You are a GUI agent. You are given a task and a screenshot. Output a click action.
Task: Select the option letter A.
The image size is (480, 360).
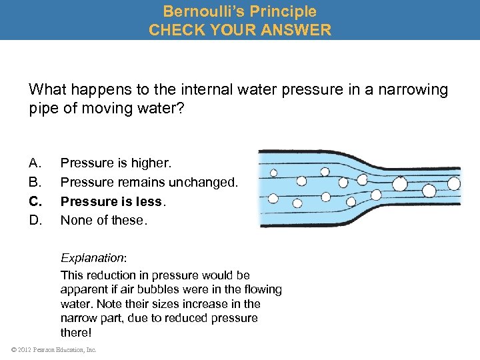(35, 163)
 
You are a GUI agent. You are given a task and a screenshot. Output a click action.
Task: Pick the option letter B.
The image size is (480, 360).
(35, 182)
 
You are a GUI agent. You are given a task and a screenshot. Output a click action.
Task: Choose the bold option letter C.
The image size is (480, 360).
(35, 201)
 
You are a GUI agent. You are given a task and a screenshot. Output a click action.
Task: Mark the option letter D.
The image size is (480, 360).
(35, 219)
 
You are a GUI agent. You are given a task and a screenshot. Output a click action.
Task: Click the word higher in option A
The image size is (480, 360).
(152, 163)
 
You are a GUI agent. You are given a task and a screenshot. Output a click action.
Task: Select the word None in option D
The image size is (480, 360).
(74, 219)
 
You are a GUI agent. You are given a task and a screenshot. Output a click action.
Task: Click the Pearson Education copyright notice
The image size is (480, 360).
(53, 349)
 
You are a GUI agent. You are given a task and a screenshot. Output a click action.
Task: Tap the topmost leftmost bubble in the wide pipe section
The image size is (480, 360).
(273, 172)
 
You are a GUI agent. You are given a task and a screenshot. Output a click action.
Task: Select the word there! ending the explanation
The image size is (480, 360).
(76, 332)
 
